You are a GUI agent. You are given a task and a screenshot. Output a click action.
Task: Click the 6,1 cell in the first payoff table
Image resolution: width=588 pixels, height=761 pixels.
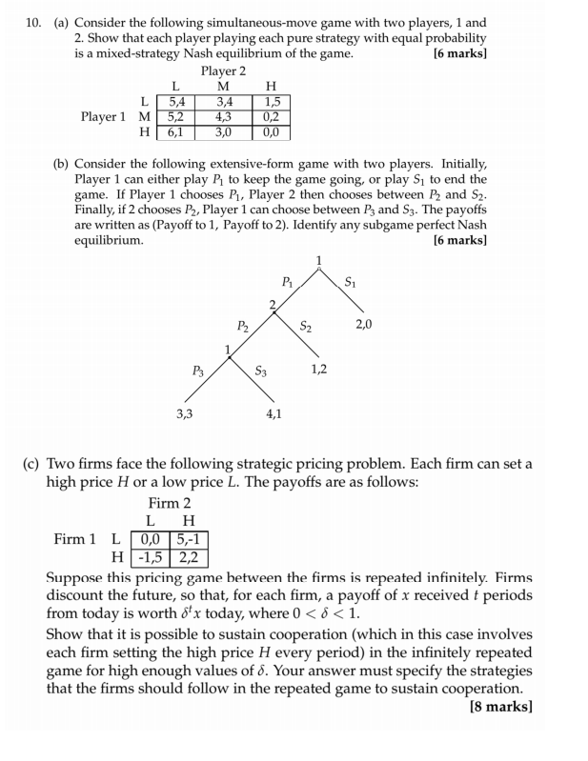coord(176,131)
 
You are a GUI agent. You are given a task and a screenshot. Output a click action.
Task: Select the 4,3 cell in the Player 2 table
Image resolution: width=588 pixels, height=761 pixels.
coord(224,116)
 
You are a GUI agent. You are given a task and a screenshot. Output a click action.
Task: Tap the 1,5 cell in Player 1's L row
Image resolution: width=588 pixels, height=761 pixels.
coord(272,101)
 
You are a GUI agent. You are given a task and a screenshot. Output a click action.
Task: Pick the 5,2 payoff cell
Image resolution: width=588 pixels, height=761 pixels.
coord(176,116)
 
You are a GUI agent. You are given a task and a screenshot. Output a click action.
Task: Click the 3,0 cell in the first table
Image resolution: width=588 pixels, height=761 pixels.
coord(224,131)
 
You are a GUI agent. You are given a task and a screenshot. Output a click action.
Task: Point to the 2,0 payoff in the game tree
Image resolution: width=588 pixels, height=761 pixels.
coord(363,325)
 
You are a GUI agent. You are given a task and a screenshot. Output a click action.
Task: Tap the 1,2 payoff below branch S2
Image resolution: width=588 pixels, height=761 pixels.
coord(318,369)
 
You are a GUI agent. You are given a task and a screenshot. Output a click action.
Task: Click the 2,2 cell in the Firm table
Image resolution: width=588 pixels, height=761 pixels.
coord(189,557)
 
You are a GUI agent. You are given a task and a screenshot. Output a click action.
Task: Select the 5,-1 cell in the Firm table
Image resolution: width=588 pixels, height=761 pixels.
coord(189,539)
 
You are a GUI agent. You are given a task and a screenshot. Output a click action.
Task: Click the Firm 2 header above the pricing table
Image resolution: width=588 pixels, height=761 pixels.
coord(170,503)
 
